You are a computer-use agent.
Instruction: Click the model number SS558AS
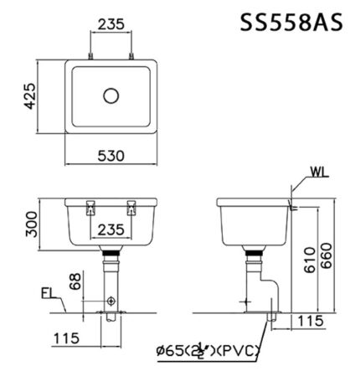click(x=292, y=22)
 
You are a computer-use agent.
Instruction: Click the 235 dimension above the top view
click(x=111, y=24)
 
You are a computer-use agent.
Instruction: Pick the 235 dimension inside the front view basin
click(x=111, y=228)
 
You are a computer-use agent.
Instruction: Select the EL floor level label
click(x=49, y=295)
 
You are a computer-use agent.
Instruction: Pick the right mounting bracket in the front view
click(x=131, y=207)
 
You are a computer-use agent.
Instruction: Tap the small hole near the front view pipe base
click(x=111, y=299)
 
